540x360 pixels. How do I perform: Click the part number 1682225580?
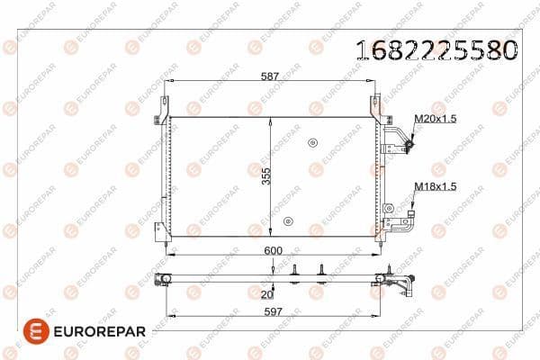(x=436, y=50)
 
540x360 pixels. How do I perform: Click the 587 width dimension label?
(x=270, y=76)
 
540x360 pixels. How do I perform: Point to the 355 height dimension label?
(x=266, y=176)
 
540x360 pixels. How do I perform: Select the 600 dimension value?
(x=273, y=250)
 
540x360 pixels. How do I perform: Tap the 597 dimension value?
(x=273, y=311)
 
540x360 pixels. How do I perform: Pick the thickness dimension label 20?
(x=267, y=294)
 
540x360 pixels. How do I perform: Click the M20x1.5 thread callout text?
(x=436, y=119)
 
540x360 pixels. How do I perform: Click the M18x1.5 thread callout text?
(x=436, y=186)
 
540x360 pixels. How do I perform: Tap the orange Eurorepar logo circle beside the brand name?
(x=36, y=331)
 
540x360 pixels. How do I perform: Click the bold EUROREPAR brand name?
(x=100, y=332)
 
